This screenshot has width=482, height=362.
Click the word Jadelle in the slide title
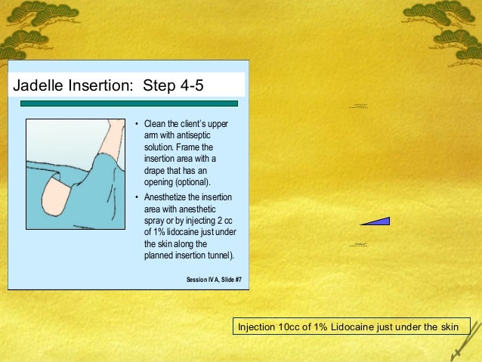click(39, 84)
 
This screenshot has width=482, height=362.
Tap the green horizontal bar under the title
click(128, 103)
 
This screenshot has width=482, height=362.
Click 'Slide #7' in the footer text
click(227, 280)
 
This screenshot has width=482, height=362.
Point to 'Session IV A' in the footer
click(200, 280)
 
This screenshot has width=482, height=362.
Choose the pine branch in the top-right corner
click(446, 19)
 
